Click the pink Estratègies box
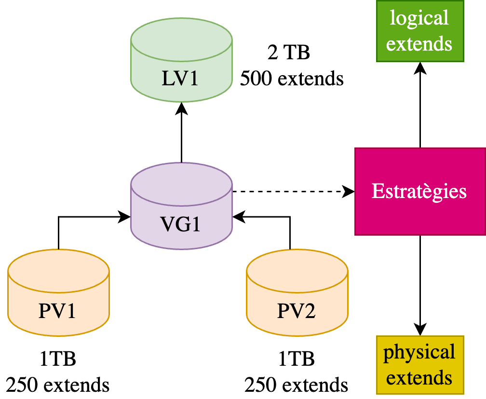(x=420, y=191)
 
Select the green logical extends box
(x=420, y=31)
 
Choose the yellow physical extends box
(x=420, y=364)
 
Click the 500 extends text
(x=292, y=78)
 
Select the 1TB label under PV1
(x=58, y=359)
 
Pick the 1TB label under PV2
(x=297, y=359)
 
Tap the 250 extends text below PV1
(x=58, y=385)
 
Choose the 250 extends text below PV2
(x=297, y=385)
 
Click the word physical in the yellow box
(x=419, y=352)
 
